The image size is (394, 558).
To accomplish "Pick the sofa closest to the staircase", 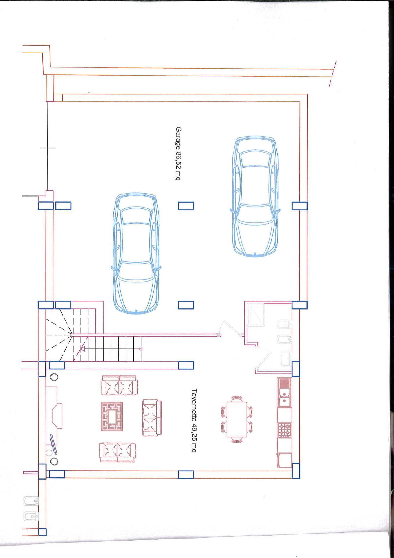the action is point(119,385).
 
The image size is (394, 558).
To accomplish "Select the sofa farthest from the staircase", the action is point(117,452).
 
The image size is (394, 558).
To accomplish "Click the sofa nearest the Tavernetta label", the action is point(152,418).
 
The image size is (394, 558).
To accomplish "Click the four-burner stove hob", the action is point(284,431).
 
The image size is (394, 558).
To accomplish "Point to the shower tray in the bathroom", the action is point(255,314).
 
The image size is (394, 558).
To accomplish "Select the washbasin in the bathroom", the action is point(286,357).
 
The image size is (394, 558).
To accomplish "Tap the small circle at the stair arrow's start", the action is point(141,348).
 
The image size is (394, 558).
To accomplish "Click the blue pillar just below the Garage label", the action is point(186,206).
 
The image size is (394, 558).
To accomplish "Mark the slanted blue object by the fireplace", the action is point(54,443).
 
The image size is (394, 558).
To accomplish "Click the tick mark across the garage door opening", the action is point(47,148).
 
